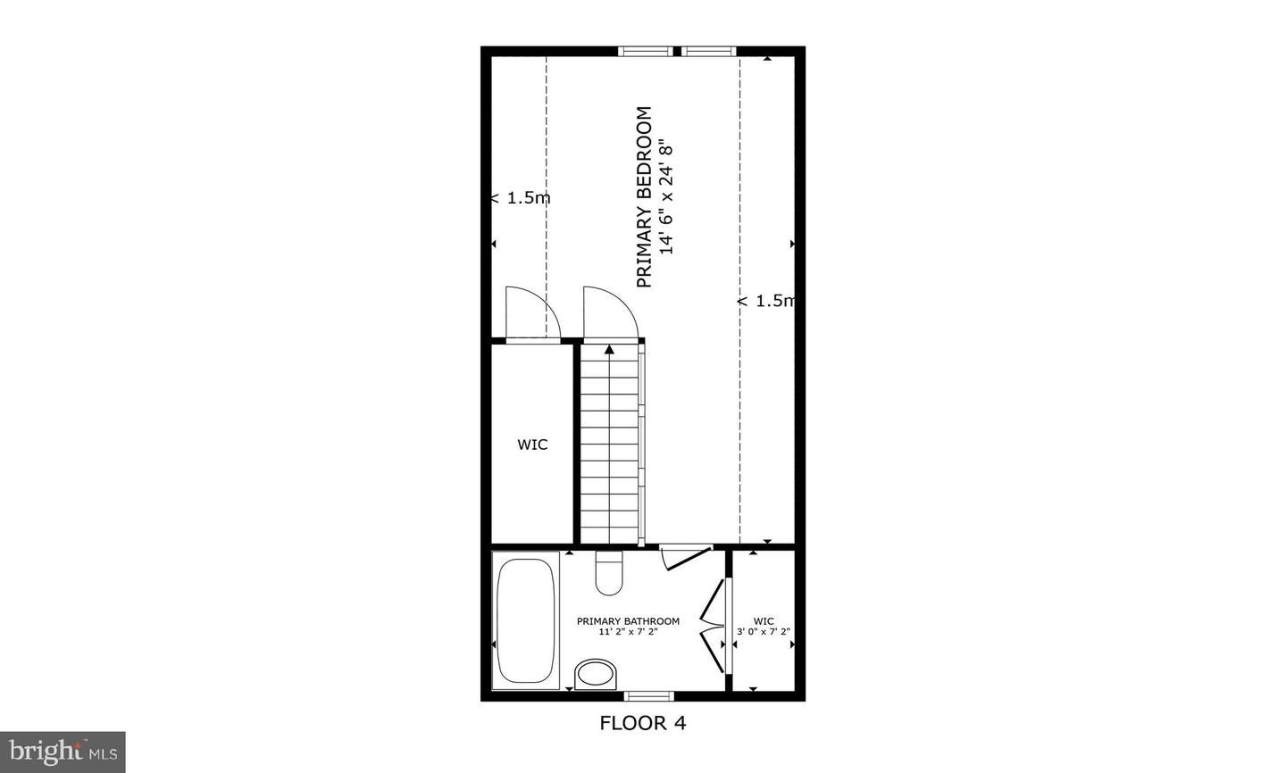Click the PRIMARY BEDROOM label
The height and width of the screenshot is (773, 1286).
[x=644, y=197]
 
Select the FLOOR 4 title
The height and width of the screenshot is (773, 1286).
[x=642, y=723]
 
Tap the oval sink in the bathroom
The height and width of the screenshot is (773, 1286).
[x=596, y=674]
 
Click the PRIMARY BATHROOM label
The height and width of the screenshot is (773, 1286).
[x=628, y=621]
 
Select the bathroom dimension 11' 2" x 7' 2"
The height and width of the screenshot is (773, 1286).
[x=628, y=632]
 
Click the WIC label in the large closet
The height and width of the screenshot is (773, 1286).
[x=532, y=445]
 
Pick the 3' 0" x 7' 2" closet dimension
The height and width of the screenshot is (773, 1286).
[x=764, y=632]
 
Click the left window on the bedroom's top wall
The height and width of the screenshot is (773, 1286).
[x=647, y=51]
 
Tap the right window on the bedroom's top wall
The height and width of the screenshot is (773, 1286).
[x=711, y=51]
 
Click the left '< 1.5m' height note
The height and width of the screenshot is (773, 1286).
[x=521, y=198]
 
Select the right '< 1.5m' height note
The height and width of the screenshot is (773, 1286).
[x=766, y=301]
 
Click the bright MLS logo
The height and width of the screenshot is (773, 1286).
[x=63, y=752]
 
